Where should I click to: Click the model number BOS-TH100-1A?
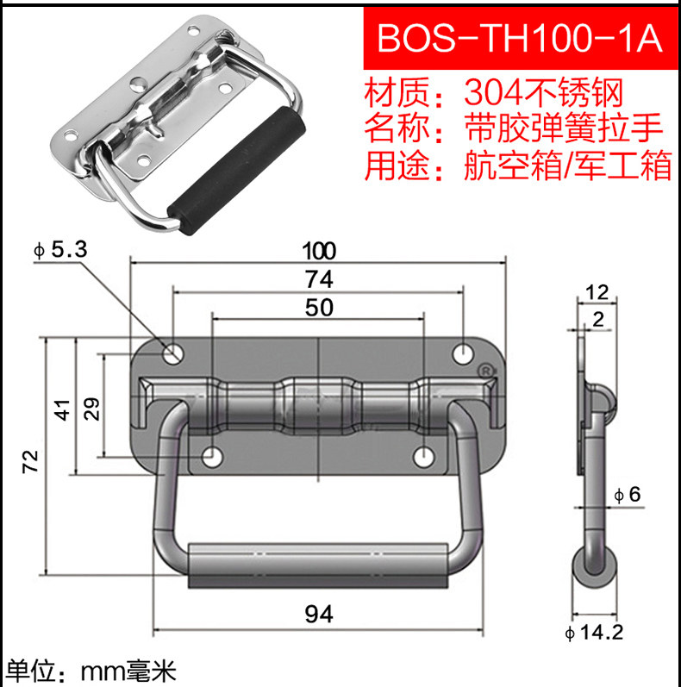520,38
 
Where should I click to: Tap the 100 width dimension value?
319,251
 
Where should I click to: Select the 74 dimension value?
319,279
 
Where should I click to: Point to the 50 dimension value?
319,307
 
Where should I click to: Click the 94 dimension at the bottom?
319,614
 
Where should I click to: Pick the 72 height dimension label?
31,461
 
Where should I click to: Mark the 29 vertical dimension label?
91,409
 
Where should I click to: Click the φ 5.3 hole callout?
60,250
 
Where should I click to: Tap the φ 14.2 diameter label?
594,632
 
